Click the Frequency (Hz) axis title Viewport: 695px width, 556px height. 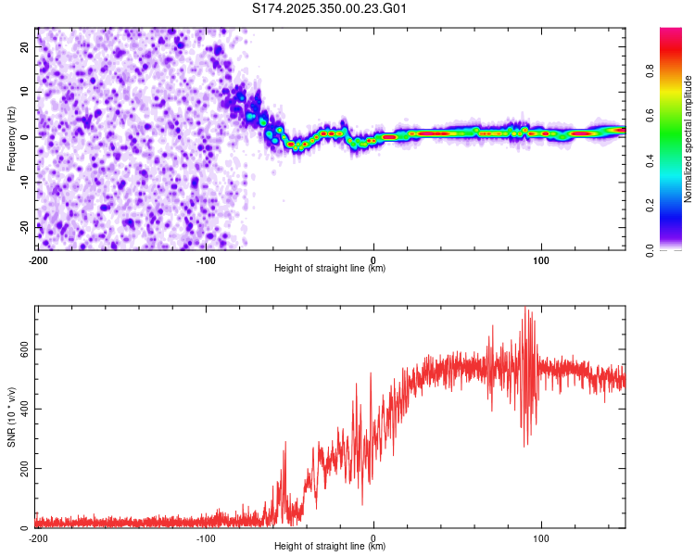pos(12,137)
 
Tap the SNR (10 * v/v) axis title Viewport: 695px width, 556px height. pos(12,416)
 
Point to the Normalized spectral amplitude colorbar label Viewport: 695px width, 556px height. pos(688,140)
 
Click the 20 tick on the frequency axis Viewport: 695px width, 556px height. pos(26,46)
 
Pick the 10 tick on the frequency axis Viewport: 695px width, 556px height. pos(26,92)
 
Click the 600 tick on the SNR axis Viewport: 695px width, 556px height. pos(20,349)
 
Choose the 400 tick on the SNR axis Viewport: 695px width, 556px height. pos(20,409)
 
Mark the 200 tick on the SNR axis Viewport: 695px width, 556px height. pos(20,469)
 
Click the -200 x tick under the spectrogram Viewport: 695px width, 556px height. pos(38,259)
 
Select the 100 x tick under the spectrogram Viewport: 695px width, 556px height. pos(541,259)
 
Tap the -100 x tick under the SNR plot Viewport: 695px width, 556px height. pos(206,537)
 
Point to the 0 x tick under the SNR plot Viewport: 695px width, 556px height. pos(373,537)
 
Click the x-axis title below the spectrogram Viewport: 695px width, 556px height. pos(330,269)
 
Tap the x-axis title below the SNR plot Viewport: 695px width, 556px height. pos(330,547)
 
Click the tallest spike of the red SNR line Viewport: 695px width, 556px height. pos(525,310)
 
